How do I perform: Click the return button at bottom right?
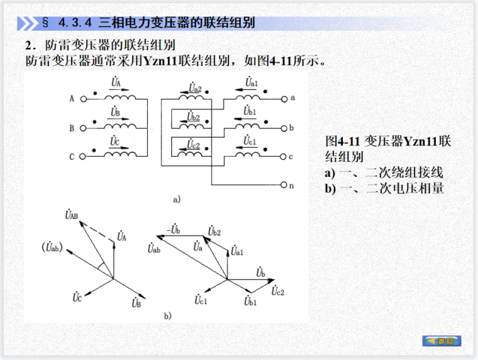point(442,340)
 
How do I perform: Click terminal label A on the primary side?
point(72,99)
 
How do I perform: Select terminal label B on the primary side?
point(72,128)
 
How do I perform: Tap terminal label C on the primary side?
point(72,157)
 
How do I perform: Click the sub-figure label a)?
point(177,200)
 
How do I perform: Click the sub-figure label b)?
point(167,315)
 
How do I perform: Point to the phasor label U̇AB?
point(71,215)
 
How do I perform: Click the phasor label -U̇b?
point(174,231)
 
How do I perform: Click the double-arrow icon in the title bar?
point(27,23)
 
